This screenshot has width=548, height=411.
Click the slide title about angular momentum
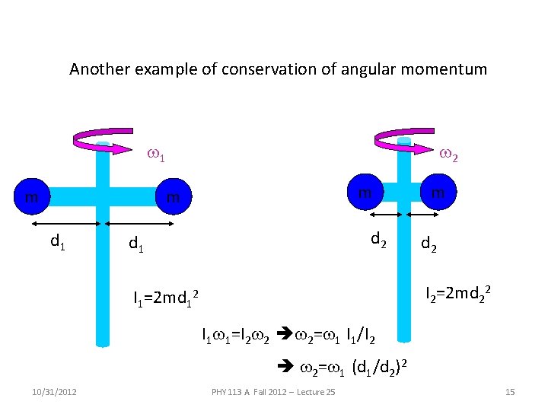pos(278,69)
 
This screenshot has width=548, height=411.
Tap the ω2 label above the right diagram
pos(448,156)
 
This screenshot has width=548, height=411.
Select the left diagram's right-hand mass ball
pos(174,198)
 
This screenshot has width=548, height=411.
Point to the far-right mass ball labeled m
pos(438,193)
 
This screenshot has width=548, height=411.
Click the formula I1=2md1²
pos(166,297)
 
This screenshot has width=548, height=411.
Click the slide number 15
pos(510,392)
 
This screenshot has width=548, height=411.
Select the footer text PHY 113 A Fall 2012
pos(274,392)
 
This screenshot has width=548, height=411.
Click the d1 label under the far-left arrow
pos(56,242)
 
